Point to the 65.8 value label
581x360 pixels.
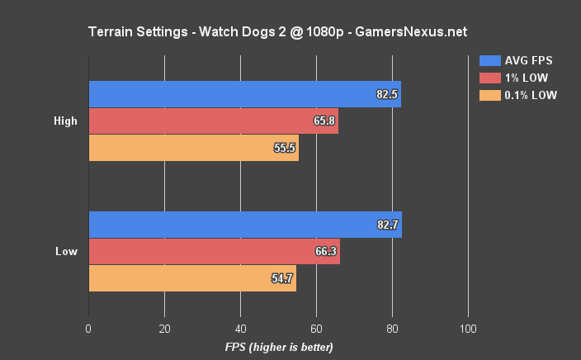tap(324, 121)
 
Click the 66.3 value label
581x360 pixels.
tap(326, 252)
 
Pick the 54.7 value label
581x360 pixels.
tap(281, 278)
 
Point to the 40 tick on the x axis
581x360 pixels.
tap(240, 328)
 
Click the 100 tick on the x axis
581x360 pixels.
tap(468, 328)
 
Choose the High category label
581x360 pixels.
tap(65, 121)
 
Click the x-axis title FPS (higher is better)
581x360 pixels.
tap(279, 348)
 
